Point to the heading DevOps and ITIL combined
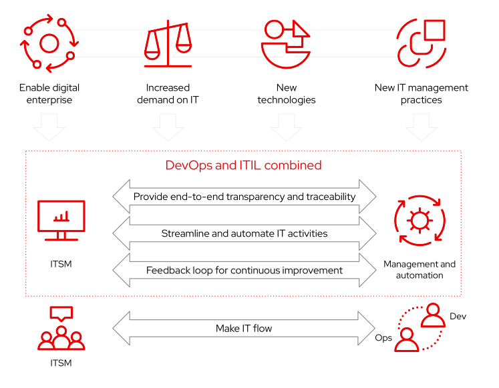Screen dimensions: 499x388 point(243,165)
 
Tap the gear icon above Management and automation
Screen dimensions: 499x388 point(420,221)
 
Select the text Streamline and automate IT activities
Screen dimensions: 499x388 point(244,233)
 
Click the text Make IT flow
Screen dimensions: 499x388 point(244,328)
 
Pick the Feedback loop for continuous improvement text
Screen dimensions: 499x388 point(244,270)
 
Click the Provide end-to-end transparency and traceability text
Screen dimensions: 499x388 point(244,197)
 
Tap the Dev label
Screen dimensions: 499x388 point(458,316)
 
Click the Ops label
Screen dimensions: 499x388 point(383,338)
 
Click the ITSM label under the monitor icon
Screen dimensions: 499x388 point(61,264)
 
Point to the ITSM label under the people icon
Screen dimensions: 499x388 point(61,363)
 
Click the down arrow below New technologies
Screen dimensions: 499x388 point(287,127)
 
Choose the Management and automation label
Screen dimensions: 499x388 point(420,269)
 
